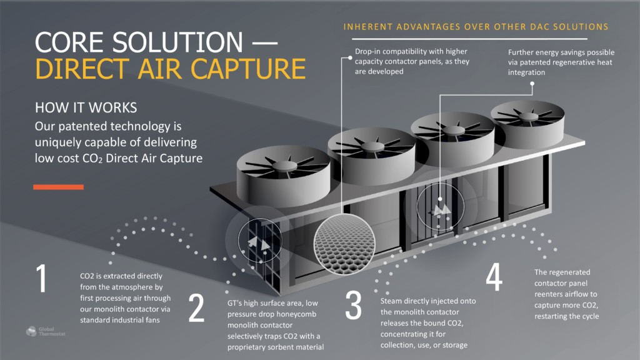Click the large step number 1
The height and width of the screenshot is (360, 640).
click(x=42, y=278)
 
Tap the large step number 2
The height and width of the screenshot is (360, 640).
click(x=196, y=307)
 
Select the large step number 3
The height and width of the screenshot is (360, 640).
click(x=354, y=305)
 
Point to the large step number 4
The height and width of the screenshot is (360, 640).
click(x=494, y=277)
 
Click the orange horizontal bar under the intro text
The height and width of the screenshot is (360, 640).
click(x=58, y=187)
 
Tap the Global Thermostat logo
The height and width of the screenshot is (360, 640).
click(x=45, y=331)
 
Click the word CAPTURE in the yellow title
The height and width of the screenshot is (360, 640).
click(x=248, y=69)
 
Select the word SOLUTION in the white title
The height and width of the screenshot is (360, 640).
click(x=177, y=42)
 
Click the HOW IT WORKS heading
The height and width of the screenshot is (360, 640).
click(x=86, y=107)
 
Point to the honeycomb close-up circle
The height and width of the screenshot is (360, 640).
click(x=344, y=244)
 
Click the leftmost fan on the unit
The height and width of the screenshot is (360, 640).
click(x=284, y=176)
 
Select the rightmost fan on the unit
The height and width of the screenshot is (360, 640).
click(x=527, y=124)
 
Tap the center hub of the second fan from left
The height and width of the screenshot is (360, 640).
click(x=372, y=146)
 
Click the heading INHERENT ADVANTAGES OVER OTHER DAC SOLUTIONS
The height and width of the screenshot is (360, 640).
click(x=476, y=27)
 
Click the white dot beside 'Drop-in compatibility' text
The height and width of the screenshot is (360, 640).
click(x=350, y=58)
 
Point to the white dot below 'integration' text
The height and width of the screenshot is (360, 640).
click(x=532, y=84)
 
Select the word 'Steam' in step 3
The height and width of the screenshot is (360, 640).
click(x=391, y=301)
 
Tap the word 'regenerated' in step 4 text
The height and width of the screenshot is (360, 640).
click(x=569, y=272)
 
